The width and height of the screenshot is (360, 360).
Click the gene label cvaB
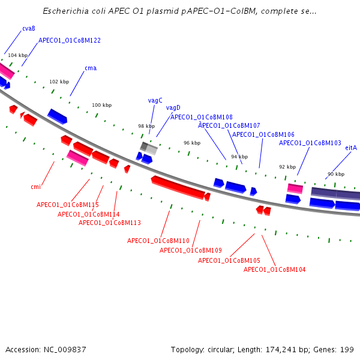28,28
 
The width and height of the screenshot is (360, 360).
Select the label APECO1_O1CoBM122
70,40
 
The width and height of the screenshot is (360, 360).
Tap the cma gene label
91,68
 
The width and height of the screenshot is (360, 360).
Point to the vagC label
155,100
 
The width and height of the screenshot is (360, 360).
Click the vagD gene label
173,107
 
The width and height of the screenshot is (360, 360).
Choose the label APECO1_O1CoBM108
202,117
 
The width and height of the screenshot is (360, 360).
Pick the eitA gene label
351,148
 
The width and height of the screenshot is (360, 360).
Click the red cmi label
35,187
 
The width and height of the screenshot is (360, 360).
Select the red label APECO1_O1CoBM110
158,241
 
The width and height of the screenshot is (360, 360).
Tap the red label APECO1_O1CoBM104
275,269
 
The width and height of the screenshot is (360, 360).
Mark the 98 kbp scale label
146,126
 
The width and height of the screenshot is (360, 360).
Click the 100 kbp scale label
101,105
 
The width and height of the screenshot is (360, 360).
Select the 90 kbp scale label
336,174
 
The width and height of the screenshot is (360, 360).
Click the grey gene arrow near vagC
149,147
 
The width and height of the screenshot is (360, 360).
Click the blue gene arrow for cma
58,116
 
